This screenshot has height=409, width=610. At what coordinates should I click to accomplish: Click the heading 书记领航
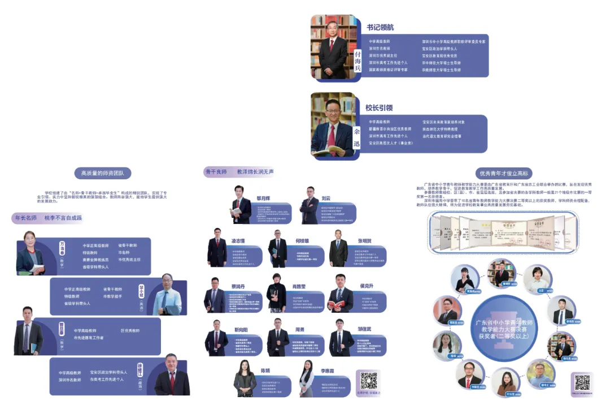tap(380, 27)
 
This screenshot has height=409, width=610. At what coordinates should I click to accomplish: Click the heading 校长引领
tap(378, 107)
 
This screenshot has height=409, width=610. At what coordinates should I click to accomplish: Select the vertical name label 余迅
tap(356, 139)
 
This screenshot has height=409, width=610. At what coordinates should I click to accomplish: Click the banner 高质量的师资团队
tap(102, 173)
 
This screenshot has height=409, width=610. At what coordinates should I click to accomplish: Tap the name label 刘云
tap(326, 199)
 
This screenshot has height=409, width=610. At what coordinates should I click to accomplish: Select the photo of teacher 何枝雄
tap(278, 249)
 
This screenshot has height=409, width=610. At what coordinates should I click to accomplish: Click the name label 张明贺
tap(366, 240)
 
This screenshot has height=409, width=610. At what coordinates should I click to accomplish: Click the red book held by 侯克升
tap(335, 306)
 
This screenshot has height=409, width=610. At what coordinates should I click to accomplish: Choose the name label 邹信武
tap(364, 329)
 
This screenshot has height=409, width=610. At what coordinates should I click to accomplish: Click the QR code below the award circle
tap(582, 382)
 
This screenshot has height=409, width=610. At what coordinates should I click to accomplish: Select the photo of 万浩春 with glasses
tap(30, 253)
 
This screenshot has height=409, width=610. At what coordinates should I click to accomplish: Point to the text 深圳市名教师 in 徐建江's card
tap(70, 380)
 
